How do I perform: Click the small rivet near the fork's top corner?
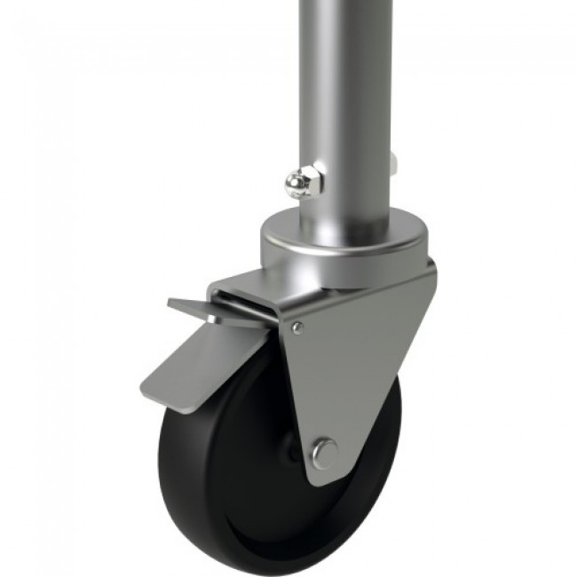[298, 328]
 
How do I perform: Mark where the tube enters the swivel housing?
[346, 215]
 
